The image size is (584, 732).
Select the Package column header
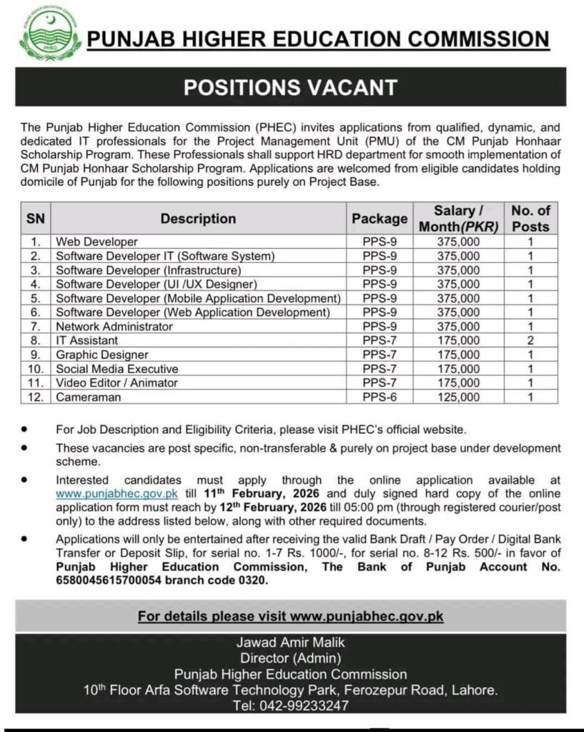coord(380,219)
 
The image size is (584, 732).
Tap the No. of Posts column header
coord(530,219)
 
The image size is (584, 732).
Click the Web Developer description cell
coord(97,242)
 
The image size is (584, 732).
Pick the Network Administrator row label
coord(114,326)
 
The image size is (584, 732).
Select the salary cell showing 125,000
coord(457,397)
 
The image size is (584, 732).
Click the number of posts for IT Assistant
coord(530,340)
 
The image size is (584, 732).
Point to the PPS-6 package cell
coord(380,397)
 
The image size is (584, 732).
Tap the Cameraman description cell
coord(89,397)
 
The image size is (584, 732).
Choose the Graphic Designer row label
coord(102,355)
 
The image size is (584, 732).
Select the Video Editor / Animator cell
coord(117,382)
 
